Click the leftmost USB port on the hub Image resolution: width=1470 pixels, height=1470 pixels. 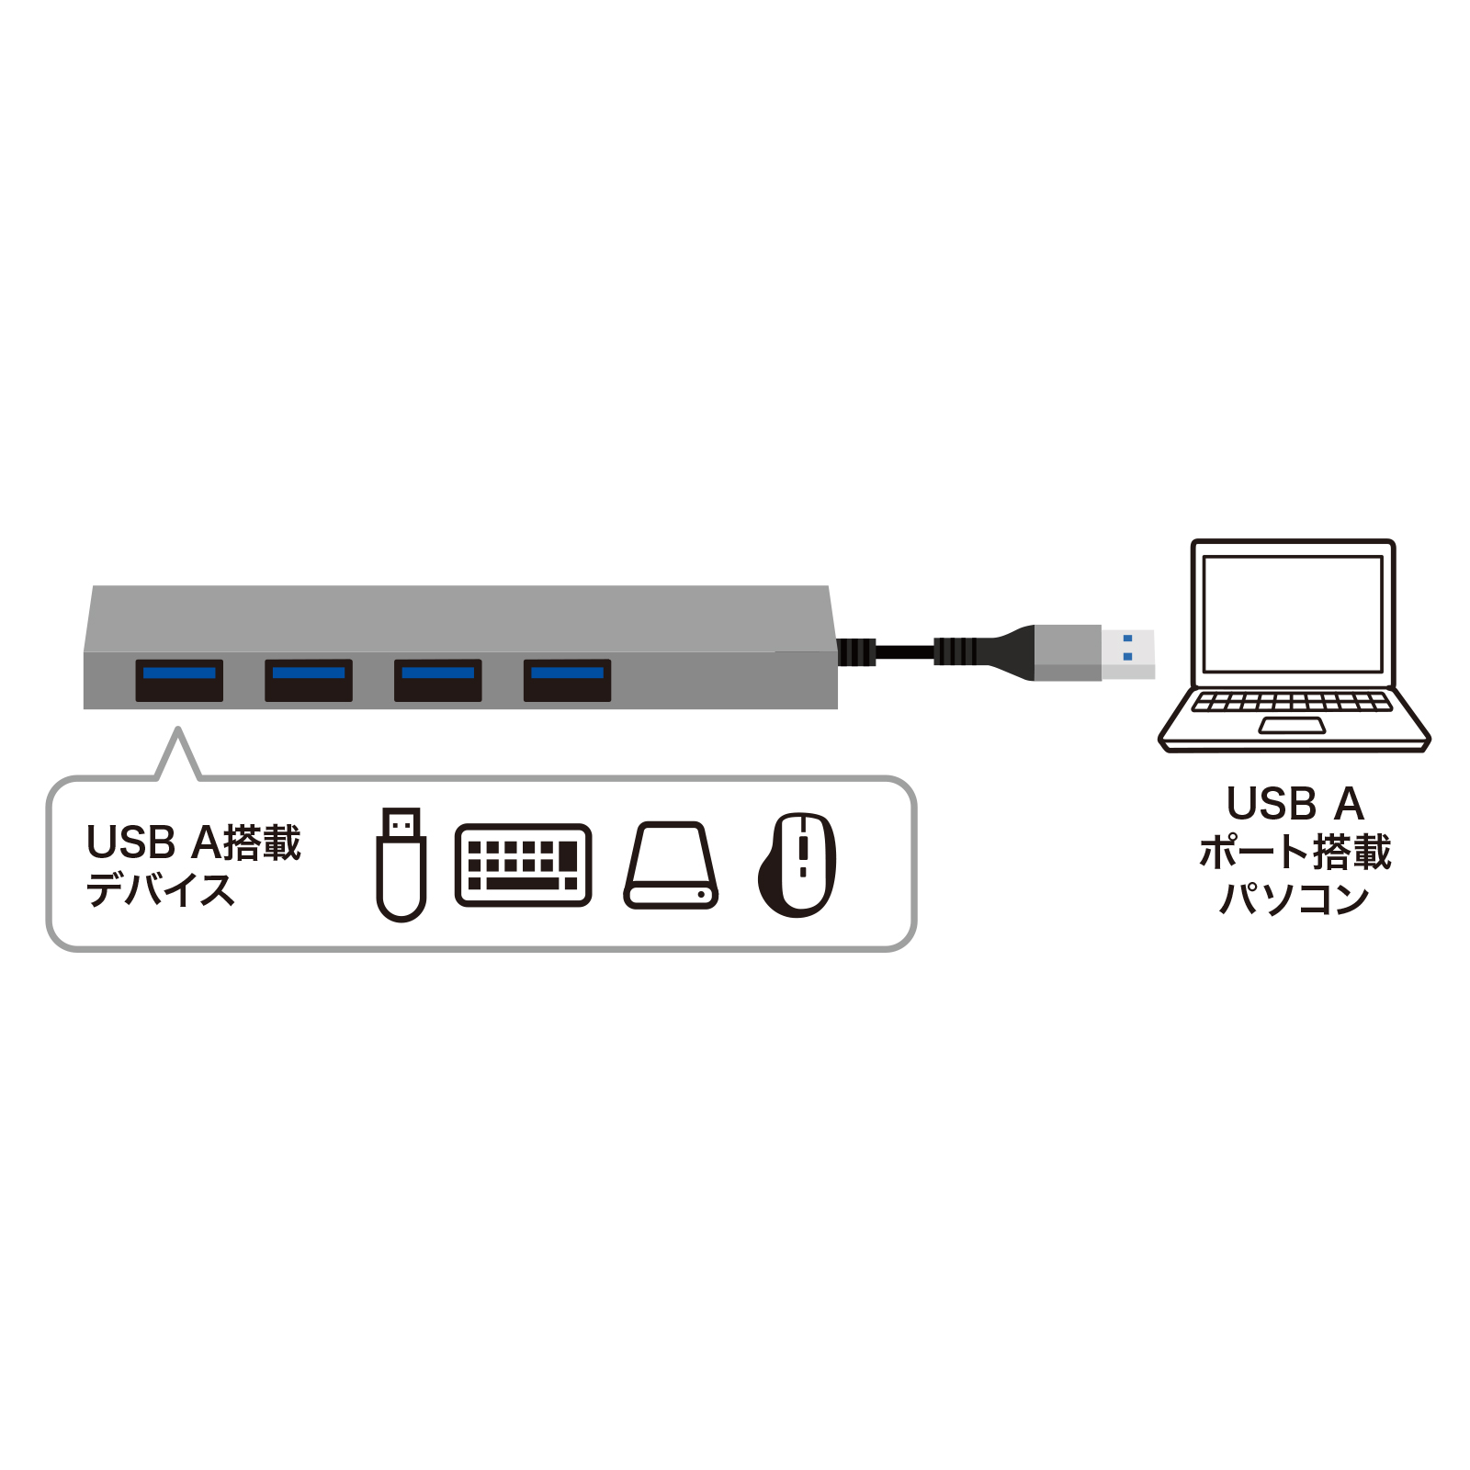(179, 680)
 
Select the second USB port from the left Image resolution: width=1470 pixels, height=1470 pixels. (309, 680)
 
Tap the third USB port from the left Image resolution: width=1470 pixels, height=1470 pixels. (438, 680)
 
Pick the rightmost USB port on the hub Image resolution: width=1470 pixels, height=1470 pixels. (567, 680)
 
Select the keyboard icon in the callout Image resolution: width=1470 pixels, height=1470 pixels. (523, 865)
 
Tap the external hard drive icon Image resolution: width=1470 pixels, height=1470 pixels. (671, 865)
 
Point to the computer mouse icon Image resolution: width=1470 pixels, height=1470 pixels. (797, 865)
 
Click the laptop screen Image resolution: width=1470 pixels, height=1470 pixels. (1293, 614)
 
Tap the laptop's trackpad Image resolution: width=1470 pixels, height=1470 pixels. (1292, 726)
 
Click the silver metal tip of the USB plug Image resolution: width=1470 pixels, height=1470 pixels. (1128, 653)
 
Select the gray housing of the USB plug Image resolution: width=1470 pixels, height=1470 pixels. (1068, 652)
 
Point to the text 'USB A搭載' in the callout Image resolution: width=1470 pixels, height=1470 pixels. (194, 842)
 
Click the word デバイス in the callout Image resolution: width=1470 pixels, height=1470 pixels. (161, 889)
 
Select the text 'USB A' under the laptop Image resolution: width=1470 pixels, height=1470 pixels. (1295, 804)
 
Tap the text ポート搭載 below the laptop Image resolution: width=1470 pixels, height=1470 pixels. (1295, 852)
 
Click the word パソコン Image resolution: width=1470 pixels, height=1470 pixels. (1295, 899)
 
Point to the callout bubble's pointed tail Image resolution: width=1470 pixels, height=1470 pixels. (178, 752)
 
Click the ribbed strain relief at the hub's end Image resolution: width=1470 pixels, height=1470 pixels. (856, 652)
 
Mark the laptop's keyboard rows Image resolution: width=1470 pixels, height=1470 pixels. (1292, 702)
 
